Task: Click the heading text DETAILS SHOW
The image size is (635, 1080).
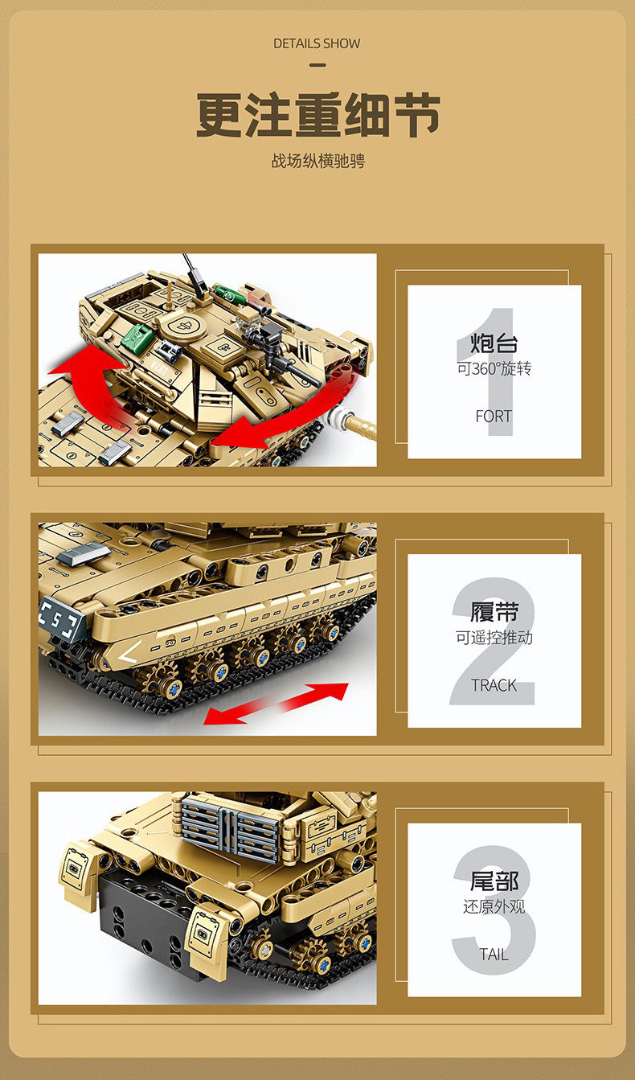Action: click(317, 43)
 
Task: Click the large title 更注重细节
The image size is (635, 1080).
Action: click(317, 116)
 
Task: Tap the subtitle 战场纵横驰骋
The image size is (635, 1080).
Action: click(317, 161)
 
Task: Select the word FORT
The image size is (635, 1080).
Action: click(494, 417)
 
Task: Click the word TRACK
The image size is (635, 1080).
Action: click(494, 685)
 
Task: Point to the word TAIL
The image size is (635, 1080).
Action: click(494, 955)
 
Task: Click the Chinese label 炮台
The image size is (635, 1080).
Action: click(494, 343)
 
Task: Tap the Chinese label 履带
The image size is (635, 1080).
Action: click(494, 613)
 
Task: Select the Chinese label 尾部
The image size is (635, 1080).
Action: click(494, 881)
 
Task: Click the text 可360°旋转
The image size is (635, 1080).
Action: click(494, 369)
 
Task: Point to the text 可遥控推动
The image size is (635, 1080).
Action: click(494, 638)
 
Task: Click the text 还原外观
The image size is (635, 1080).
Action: click(494, 906)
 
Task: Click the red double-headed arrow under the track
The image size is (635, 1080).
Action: click(276, 703)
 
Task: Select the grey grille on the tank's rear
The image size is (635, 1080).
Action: click(231, 826)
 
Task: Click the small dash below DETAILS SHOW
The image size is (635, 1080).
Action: click(317, 65)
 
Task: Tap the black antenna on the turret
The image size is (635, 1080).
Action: click(191, 269)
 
